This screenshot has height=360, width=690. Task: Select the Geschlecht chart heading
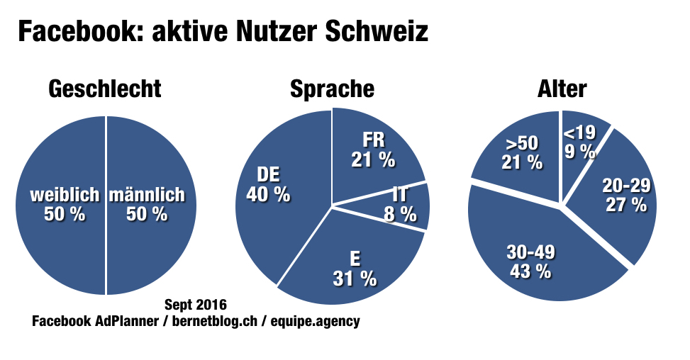[x=105, y=89]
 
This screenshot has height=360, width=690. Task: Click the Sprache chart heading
[x=332, y=89]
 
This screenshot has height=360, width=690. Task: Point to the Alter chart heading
[x=562, y=89]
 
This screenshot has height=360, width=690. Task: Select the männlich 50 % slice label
[x=147, y=203]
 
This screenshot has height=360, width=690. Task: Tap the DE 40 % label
[x=267, y=184]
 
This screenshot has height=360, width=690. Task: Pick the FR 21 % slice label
[x=373, y=150]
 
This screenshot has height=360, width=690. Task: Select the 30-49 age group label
[x=530, y=261]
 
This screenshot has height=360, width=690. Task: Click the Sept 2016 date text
[x=195, y=305]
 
